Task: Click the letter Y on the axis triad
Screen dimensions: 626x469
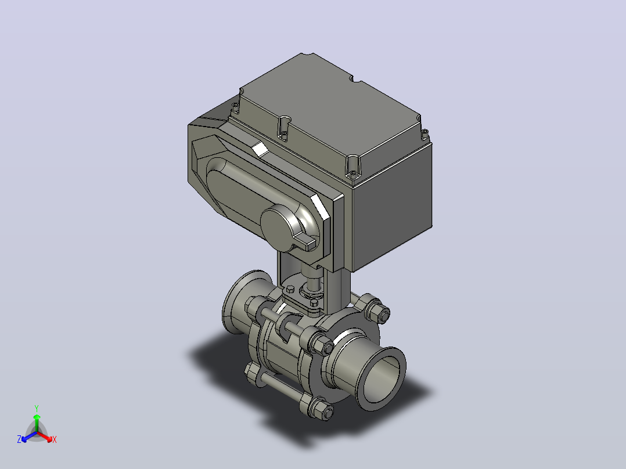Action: (37, 408)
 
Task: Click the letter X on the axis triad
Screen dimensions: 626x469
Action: (55, 439)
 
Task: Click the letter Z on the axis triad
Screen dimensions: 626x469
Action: (19, 439)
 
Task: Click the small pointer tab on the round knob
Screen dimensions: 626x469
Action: (310, 242)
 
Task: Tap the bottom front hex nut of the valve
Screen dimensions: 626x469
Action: (321, 410)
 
